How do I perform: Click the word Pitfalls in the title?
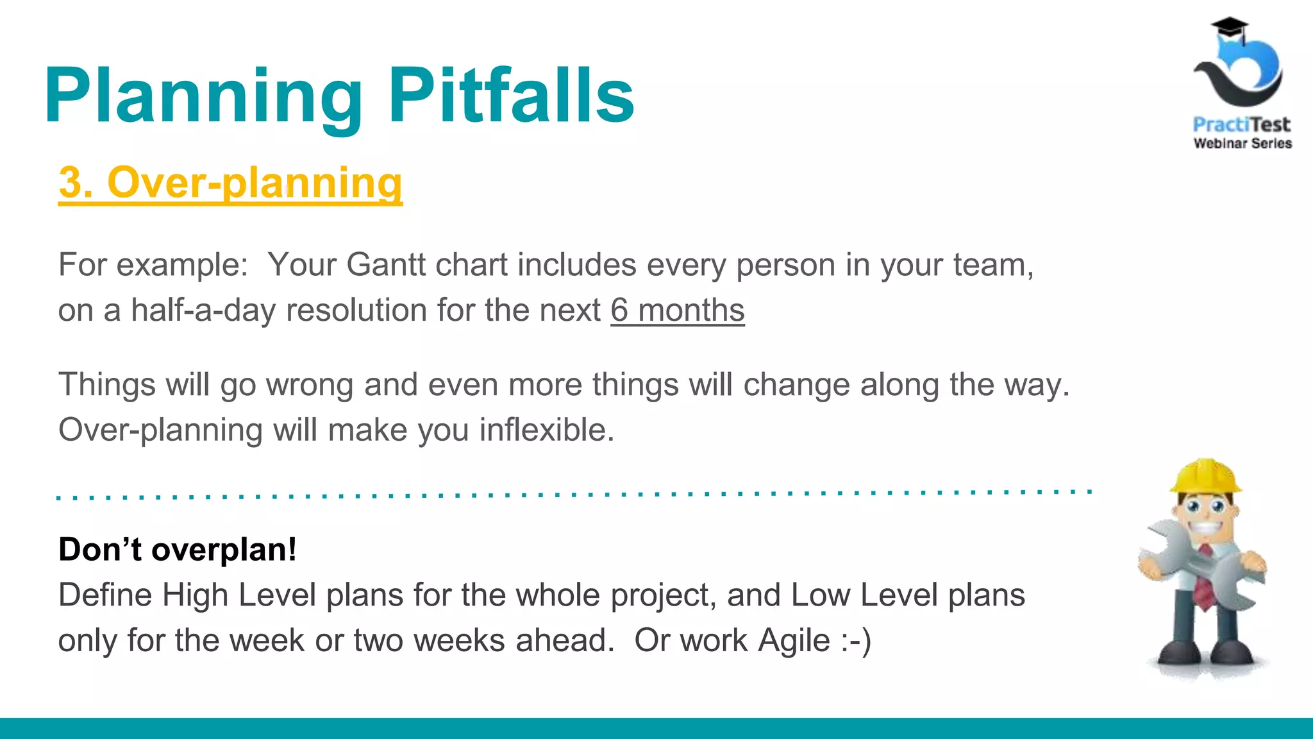[511, 96]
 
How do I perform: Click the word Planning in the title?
[203, 96]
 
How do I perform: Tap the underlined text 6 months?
[677, 310]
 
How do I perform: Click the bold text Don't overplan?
[178, 550]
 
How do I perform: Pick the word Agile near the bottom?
[794, 641]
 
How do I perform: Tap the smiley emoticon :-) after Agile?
[856, 641]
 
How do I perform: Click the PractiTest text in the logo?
[1241, 124]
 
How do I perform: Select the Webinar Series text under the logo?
[1242, 144]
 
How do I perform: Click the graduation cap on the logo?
[1229, 29]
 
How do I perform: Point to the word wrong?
[310, 385]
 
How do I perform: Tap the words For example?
[153, 265]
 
